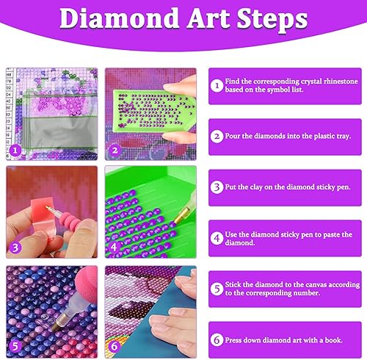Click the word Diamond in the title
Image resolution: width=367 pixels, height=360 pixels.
pyautogui.click(x=119, y=18)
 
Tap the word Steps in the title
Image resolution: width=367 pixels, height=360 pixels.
pyautogui.click(x=272, y=20)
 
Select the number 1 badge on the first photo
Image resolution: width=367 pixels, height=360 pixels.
pyautogui.click(x=15, y=150)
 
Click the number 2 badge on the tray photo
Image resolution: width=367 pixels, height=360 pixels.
pyautogui.click(x=115, y=150)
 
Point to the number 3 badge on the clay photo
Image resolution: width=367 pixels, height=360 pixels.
pyautogui.click(x=15, y=248)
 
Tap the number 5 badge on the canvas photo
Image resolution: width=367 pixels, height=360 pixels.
pyautogui.click(x=15, y=346)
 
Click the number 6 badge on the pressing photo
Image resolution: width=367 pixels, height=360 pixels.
pyautogui.click(x=115, y=346)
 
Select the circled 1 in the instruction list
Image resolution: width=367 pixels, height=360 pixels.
pyautogui.click(x=217, y=86)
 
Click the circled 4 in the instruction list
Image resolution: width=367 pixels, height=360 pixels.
pyautogui.click(x=217, y=238)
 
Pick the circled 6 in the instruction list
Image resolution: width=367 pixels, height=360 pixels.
pyautogui.click(x=217, y=340)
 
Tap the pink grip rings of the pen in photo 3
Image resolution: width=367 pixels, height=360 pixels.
pyautogui.click(x=69, y=220)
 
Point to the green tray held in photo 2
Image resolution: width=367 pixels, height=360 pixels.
pyautogui.click(x=153, y=110)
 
